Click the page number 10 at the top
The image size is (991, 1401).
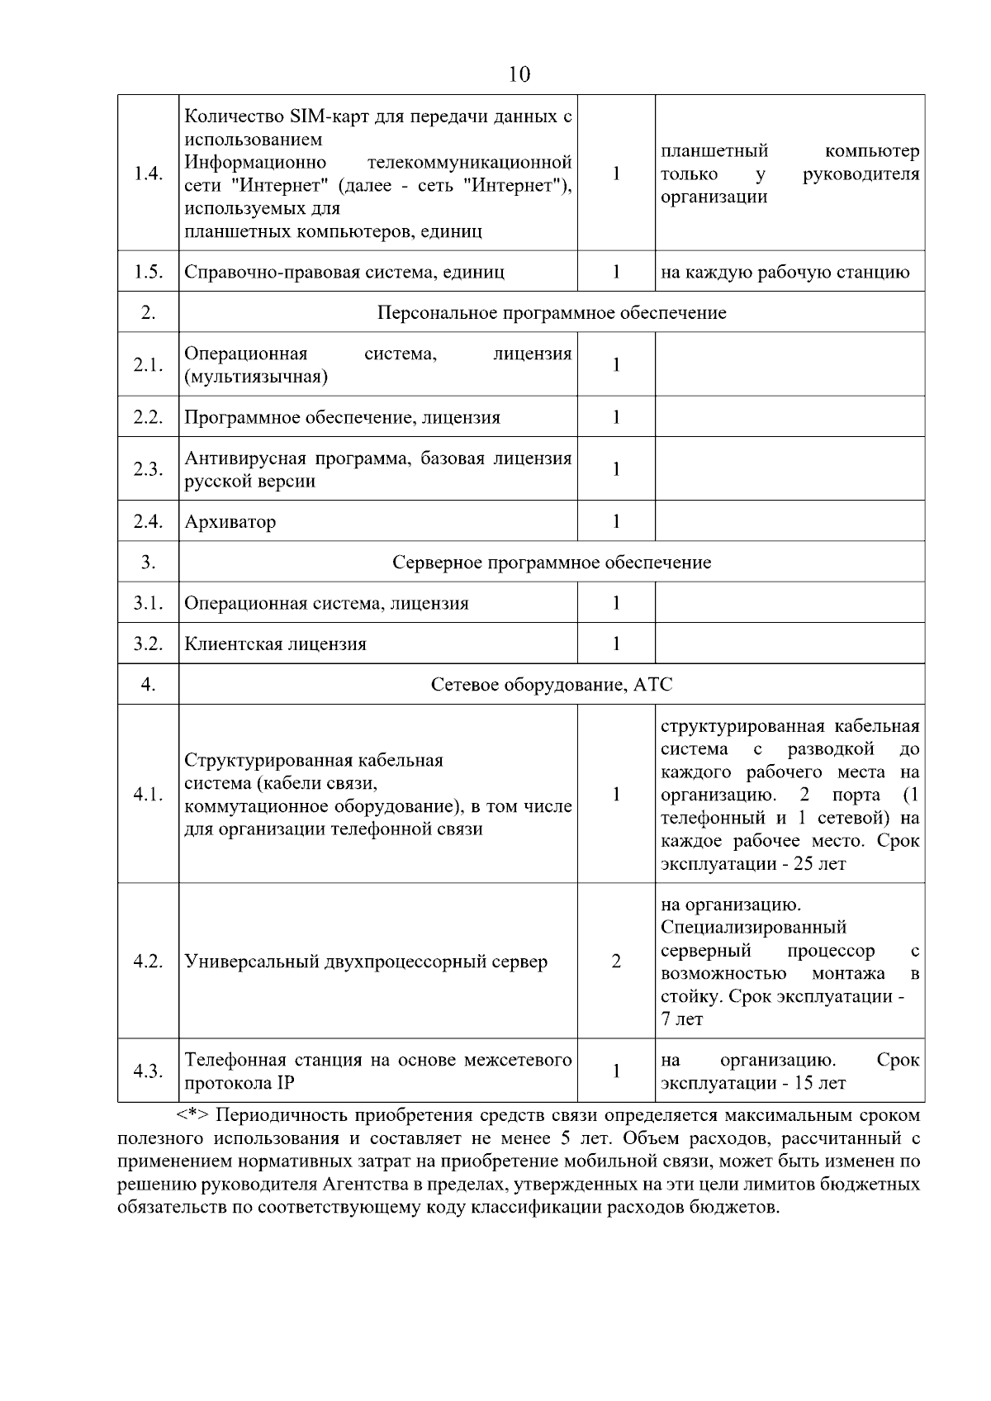(519, 75)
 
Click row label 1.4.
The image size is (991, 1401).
(148, 173)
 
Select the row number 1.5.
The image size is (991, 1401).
(148, 272)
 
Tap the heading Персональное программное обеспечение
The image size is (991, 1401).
(552, 313)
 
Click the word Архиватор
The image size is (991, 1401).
(230, 522)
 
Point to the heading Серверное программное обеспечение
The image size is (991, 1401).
(552, 563)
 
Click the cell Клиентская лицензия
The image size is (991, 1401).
(276, 644)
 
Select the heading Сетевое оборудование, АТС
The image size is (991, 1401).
(552, 685)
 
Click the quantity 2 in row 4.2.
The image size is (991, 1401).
(616, 962)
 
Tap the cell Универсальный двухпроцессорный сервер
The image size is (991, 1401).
(366, 962)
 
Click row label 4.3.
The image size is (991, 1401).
(148, 1071)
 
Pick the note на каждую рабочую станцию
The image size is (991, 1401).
(785, 273)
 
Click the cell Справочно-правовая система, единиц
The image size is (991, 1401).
(344, 273)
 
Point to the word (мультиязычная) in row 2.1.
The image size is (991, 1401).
(256, 378)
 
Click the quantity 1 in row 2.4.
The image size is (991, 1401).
(616, 521)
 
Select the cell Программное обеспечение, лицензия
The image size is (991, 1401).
(343, 418)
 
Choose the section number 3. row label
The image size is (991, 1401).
(148, 563)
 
